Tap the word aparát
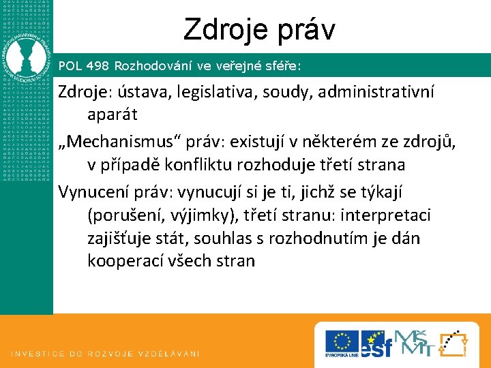[113, 115]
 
